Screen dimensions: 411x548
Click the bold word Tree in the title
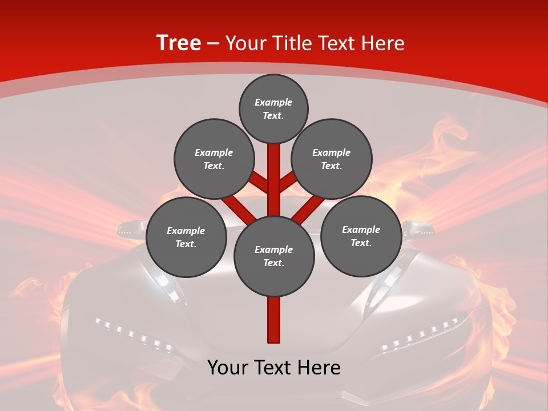tap(179, 43)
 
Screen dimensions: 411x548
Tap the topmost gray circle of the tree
tap(273, 108)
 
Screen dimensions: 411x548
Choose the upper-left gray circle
tap(213, 159)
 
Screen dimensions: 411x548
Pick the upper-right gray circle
tap(332, 159)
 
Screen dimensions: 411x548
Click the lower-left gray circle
tap(186, 237)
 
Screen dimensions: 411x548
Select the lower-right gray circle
tap(361, 236)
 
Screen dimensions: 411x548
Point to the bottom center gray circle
tap(274, 256)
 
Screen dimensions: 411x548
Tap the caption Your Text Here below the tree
tap(274, 368)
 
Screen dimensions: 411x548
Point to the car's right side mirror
tap(417, 227)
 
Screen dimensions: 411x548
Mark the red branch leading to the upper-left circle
tap(260, 184)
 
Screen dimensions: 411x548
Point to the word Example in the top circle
tap(273, 102)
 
